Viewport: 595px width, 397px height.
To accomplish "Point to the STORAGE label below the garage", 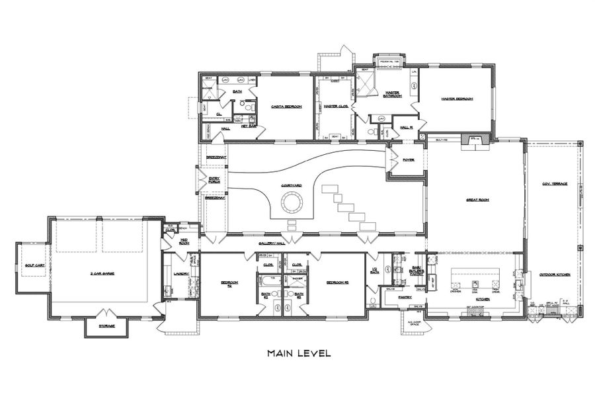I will point(107,326).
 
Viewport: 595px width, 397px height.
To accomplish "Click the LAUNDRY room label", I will point(181,273).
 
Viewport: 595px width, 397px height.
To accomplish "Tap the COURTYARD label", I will point(292,186).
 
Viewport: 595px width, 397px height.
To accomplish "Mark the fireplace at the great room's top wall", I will point(474,141).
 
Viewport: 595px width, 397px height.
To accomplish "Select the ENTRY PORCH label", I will point(214,179).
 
